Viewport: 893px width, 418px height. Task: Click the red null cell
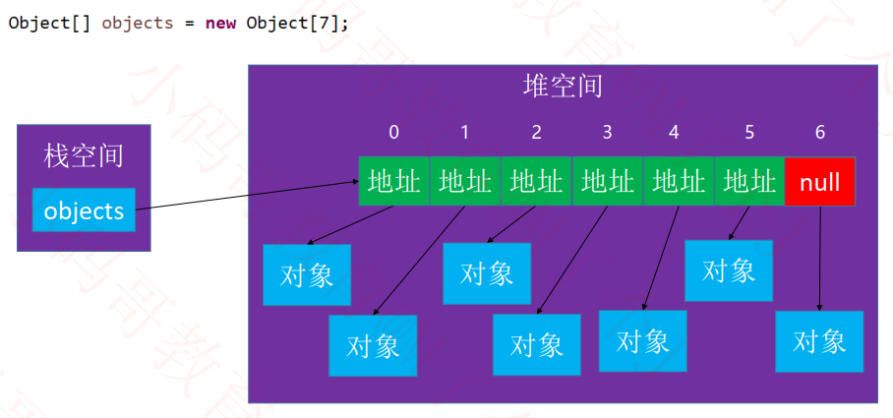(x=819, y=182)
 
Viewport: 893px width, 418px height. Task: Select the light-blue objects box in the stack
(x=84, y=210)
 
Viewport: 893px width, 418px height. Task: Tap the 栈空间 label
(x=84, y=156)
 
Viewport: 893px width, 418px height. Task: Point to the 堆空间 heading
(x=563, y=87)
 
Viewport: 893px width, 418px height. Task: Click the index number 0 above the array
(x=393, y=132)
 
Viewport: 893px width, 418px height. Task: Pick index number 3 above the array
(x=607, y=132)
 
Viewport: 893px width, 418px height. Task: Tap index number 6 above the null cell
(x=820, y=132)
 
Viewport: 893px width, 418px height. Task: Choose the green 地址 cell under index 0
(x=394, y=182)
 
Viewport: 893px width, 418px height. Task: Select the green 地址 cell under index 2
(x=536, y=182)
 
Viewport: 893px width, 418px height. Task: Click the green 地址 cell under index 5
(x=749, y=182)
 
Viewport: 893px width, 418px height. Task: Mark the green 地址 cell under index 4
(x=679, y=182)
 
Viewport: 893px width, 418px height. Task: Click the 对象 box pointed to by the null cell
(x=819, y=341)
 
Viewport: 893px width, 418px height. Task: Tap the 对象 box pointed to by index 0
(x=307, y=275)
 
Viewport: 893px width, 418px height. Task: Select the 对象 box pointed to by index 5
(x=729, y=270)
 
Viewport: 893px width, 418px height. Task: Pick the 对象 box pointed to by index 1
(x=373, y=345)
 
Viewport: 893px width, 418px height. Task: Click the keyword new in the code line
(x=221, y=23)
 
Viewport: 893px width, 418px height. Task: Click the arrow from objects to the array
(x=247, y=196)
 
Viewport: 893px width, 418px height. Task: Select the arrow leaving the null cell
(x=820, y=259)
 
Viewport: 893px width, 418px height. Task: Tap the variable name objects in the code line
(x=138, y=24)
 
